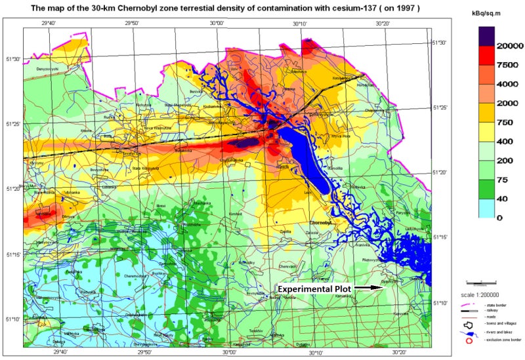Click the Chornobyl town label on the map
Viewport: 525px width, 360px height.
point(324,223)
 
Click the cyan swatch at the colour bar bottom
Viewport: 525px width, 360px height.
point(486,207)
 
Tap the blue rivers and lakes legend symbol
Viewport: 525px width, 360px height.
point(469,332)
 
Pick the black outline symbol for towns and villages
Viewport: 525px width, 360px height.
point(469,323)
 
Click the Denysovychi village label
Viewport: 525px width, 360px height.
point(47,69)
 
